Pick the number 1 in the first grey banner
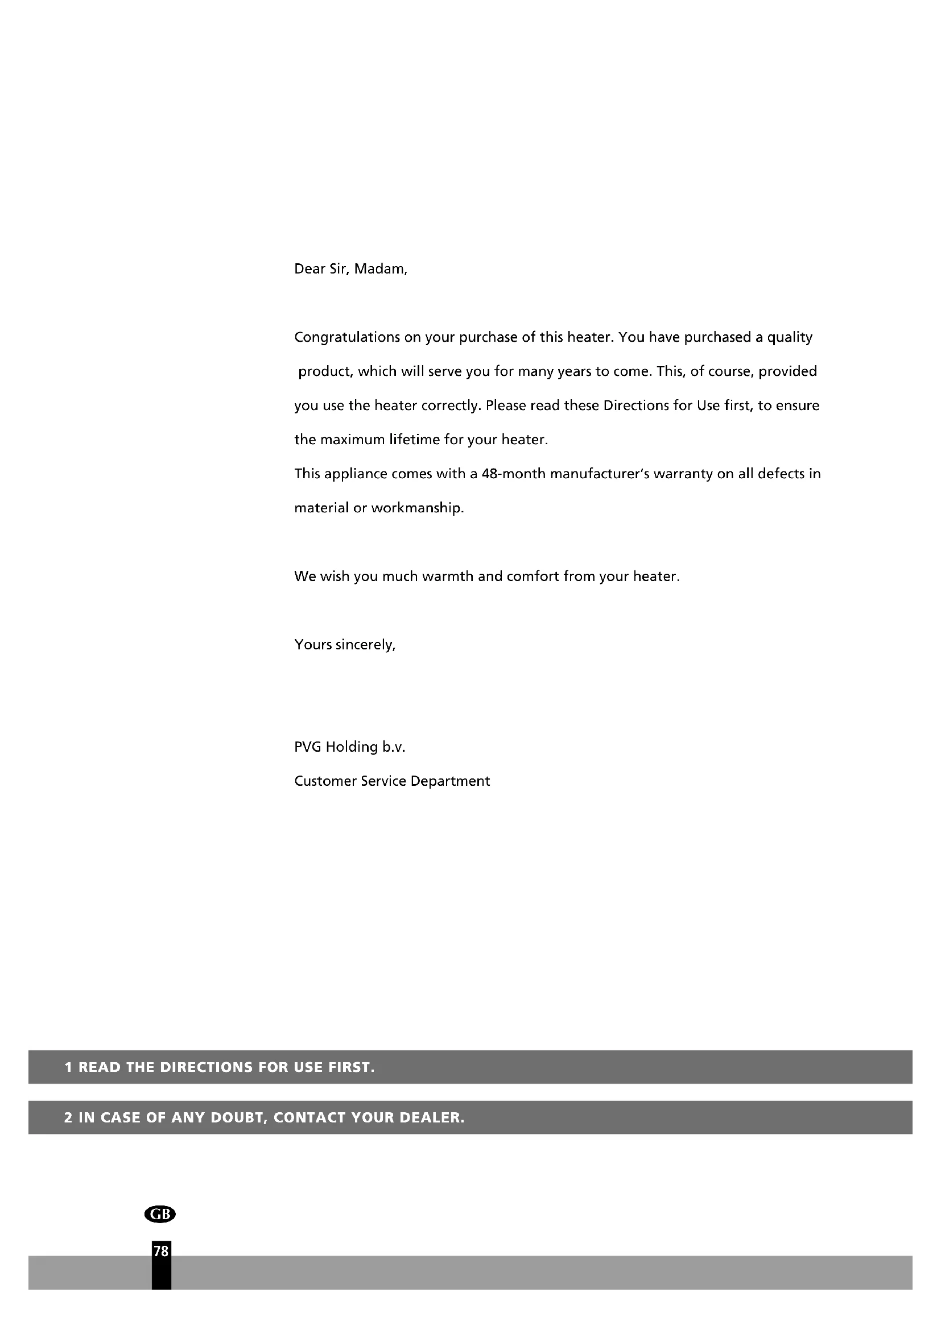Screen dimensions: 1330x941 pyautogui.click(x=68, y=1068)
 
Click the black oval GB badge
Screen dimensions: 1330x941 pyautogui.click(x=160, y=1214)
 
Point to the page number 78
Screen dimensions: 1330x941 pyautogui.click(x=161, y=1251)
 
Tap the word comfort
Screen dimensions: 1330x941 pyautogui.click(x=533, y=577)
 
